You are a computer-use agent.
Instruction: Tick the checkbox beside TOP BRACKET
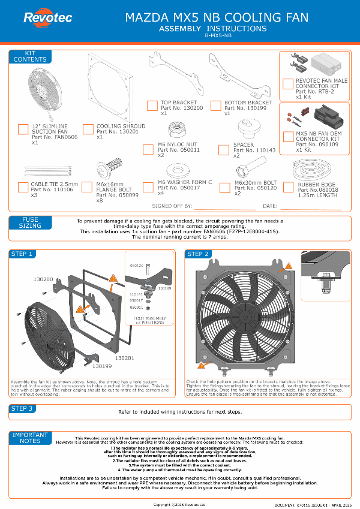[x=152, y=106]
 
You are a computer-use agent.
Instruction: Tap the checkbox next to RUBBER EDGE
[x=288, y=187]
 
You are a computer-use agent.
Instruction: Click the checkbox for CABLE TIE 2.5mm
[x=23, y=187]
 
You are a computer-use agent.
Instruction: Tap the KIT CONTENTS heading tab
[x=30, y=57]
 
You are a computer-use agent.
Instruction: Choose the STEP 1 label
[x=22, y=254]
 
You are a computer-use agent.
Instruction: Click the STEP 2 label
[x=199, y=254]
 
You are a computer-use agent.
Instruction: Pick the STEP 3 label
[x=22, y=409]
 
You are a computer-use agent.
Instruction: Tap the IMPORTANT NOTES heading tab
[x=31, y=437]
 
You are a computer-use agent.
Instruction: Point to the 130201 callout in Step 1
[x=124, y=357]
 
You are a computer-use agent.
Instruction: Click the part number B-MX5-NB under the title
[x=213, y=36]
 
